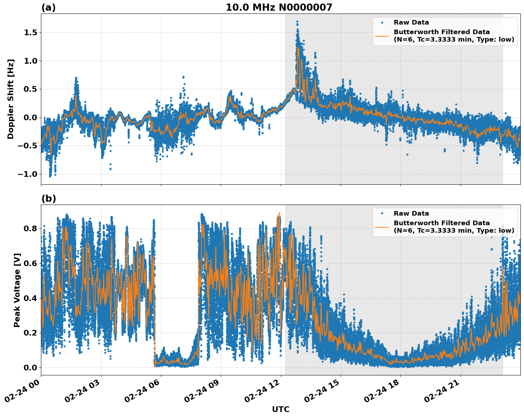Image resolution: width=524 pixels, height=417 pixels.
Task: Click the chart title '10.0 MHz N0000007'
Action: pos(279,7)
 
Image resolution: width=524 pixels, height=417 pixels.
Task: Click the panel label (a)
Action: pos(48,7)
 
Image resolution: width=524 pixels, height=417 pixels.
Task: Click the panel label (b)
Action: pos(48,199)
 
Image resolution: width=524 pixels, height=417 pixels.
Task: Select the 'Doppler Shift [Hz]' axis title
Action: pos(11,99)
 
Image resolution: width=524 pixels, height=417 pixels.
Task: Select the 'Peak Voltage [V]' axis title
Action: pos(17,290)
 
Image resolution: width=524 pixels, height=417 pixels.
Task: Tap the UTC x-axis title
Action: pos(281,409)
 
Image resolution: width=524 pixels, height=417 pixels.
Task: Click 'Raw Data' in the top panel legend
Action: pos(411,22)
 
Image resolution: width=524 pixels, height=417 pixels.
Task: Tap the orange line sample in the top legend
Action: pos(382,36)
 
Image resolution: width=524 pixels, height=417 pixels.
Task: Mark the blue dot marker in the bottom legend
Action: pos(382,213)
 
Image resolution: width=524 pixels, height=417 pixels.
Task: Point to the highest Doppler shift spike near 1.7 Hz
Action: pos(297,22)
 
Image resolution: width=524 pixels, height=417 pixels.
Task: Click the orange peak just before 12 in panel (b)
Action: pos(279,213)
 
